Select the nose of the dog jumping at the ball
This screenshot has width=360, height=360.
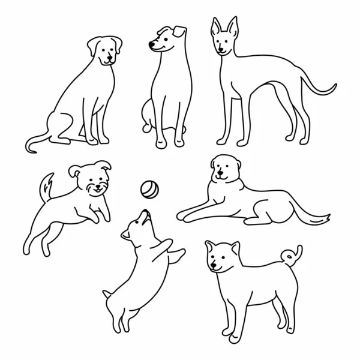point(144,211)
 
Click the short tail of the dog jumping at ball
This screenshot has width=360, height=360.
point(107,293)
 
